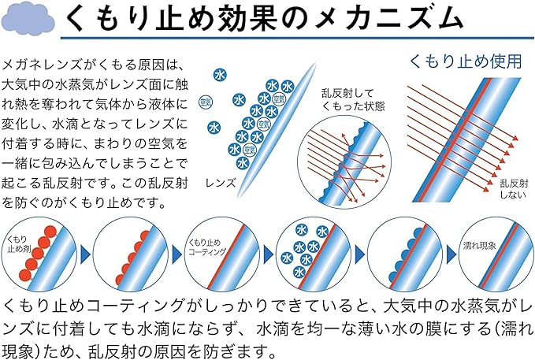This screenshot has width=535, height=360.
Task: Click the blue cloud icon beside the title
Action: pos(28,20)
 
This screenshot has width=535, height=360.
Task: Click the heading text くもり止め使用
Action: pos(466,61)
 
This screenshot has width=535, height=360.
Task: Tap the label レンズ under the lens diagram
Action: pos(221,183)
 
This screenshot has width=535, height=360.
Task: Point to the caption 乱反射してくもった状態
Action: pos(353,99)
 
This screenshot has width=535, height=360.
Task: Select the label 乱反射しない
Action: pos(514,189)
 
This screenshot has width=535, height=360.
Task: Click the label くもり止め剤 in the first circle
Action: pos(19,244)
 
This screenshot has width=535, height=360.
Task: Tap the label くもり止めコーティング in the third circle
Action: pos(207,247)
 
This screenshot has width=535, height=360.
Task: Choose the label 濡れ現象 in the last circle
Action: pos(479,245)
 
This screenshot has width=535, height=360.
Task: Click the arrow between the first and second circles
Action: pos(85,254)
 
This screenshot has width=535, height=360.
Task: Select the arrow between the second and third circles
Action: pos(176,254)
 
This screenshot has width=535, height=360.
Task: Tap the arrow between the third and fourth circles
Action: pos(269,254)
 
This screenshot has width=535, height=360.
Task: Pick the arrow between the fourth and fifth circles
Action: pos(360,254)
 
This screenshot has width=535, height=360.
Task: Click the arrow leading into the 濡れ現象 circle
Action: pos(451,254)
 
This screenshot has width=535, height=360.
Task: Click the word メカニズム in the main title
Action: pos(389,20)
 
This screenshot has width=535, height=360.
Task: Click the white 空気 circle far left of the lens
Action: pos(206,102)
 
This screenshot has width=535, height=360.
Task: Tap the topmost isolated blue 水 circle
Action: pos(220,75)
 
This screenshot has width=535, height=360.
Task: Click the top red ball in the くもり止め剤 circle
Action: pos(50,232)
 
